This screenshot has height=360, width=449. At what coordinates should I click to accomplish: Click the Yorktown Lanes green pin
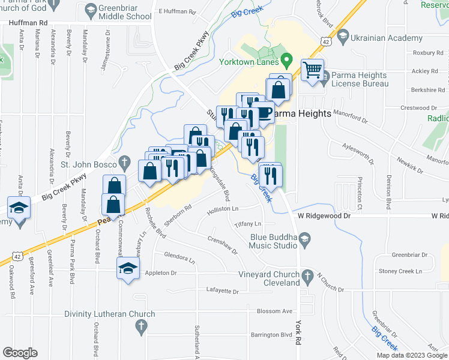point(287,60)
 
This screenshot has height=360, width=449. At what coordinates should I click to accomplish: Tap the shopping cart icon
point(312,70)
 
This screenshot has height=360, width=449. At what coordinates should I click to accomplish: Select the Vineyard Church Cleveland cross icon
point(307,277)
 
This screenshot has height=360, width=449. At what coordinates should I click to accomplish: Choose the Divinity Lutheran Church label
point(110,314)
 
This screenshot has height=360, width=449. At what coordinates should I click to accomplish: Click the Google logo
point(20,352)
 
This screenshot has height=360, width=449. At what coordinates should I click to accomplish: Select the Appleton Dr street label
point(160,273)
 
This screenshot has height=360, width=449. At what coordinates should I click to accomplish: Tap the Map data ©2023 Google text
point(411,355)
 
